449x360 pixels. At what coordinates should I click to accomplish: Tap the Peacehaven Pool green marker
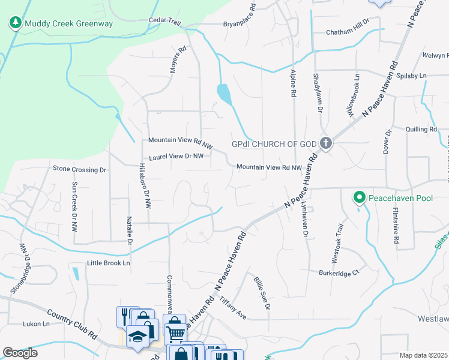(x=359, y=197)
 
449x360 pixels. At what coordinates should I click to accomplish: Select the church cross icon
(x=326, y=143)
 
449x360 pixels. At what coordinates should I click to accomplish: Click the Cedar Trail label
(x=165, y=21)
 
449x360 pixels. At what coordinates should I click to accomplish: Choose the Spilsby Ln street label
(x=412, y=76)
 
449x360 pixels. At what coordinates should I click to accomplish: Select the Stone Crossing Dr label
(x=79, y=170)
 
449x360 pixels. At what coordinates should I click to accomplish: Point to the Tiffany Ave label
(x=233, y=307)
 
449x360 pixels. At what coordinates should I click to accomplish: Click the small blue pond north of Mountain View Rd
(x=223, y=94)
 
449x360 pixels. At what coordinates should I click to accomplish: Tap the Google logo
(x=20, y=353)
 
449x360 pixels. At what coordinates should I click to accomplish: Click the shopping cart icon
(x=174, y=331)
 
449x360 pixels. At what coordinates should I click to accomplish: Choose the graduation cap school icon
(x=137, y=336)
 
